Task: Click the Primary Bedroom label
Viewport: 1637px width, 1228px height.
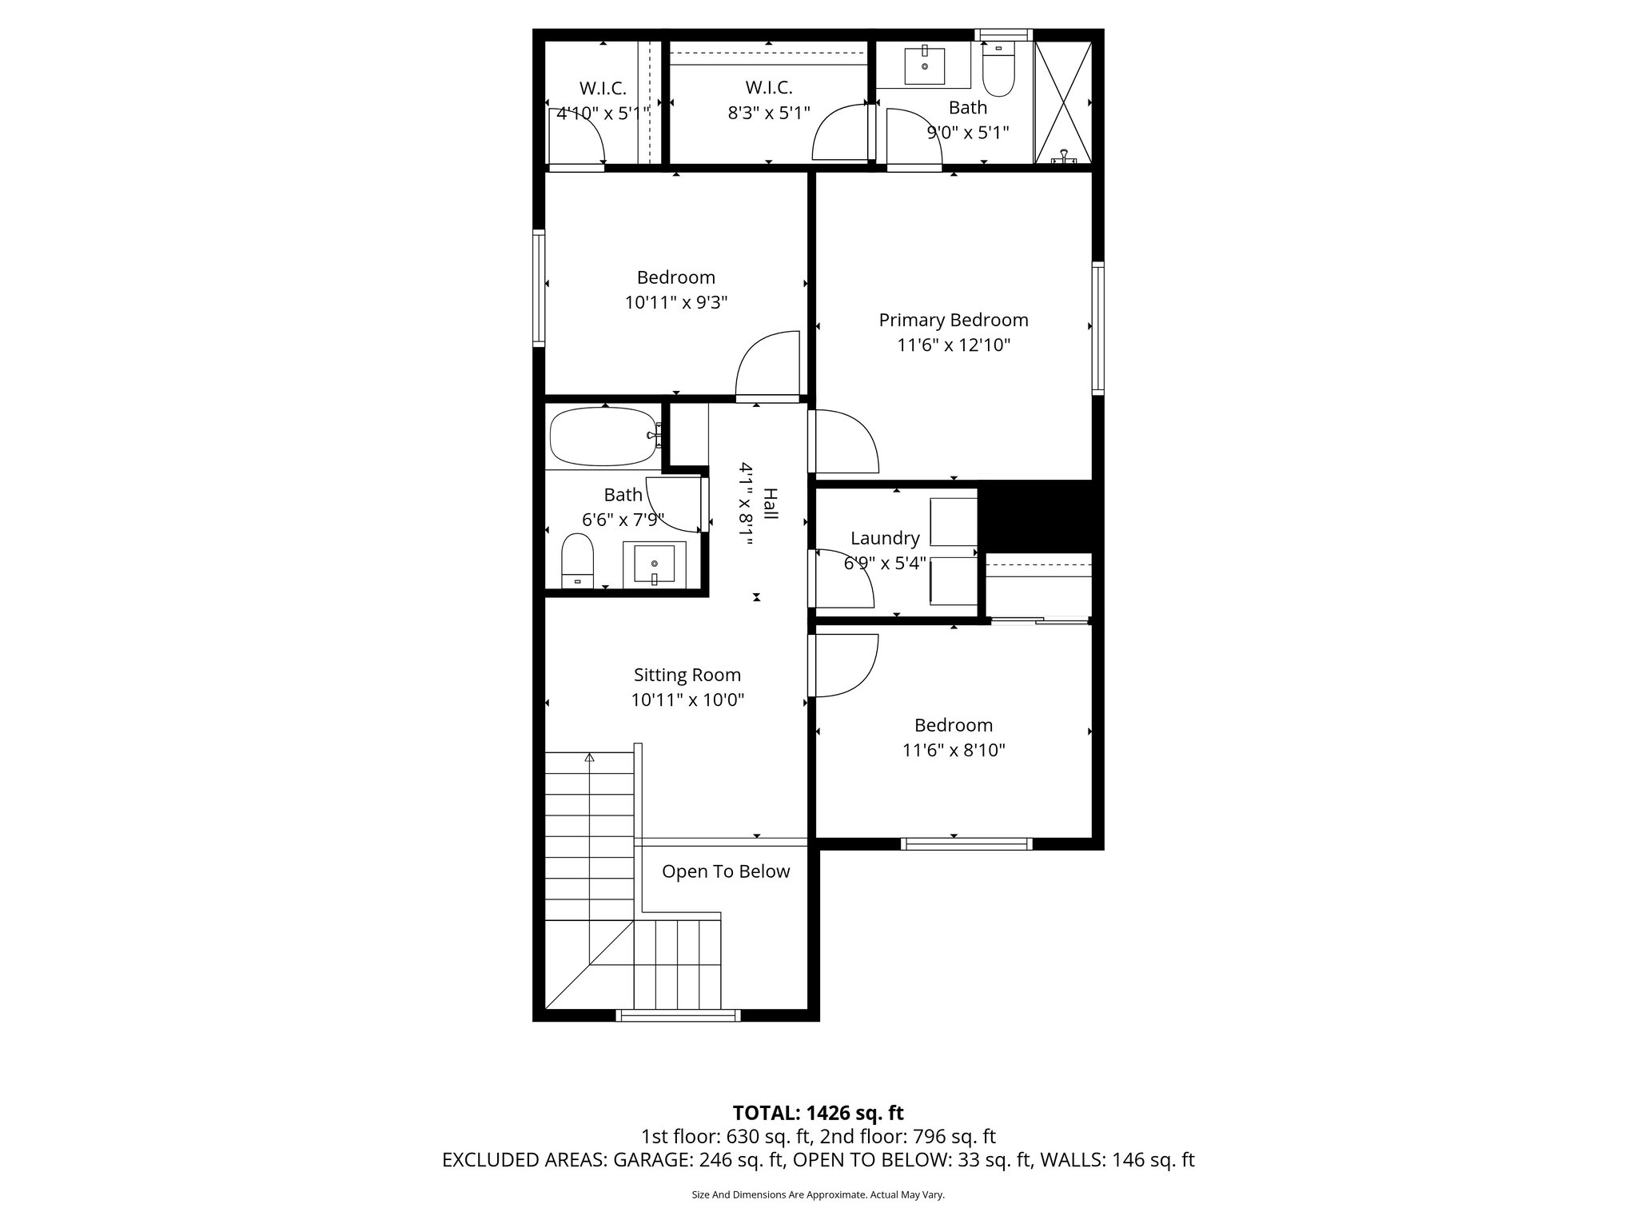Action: click(x=953, y=320)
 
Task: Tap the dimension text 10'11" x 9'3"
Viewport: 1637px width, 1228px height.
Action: click(x=675, y=303)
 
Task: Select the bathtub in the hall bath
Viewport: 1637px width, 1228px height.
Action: click(x=603, y=437)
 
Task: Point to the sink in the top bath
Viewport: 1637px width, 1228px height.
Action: click(x=925, y=66)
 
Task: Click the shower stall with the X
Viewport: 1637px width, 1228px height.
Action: click(x=1063, y=102)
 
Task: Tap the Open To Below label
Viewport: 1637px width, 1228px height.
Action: click(x=725, y=871)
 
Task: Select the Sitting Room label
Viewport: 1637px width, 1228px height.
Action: click(x=687, y=675)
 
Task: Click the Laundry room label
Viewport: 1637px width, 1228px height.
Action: click(x=884, y=538)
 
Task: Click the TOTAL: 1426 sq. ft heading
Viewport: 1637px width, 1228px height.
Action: click(x=818, y=1112)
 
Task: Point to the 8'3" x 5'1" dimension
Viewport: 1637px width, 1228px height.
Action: click(x=768, y=113)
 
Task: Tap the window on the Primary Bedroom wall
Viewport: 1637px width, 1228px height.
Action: click(x=1097, y=328)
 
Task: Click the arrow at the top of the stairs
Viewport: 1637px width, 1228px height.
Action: click(x=590, y=758)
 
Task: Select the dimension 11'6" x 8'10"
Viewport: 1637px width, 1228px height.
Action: click(x=953, y=751)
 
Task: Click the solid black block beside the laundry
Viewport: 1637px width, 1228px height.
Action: click(x=1035, y=516)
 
